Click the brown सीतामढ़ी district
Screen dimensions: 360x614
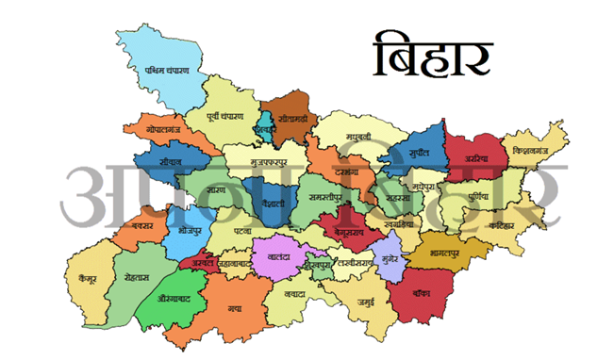pyautogui.click(x=290, y=121)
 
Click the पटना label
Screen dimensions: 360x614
pyautogui.click(x=242, y=228)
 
